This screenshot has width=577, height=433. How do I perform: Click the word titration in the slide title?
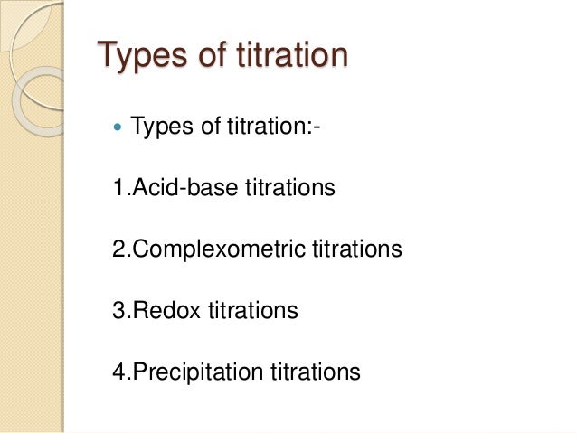pyautogui.click(x=296, y=55)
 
